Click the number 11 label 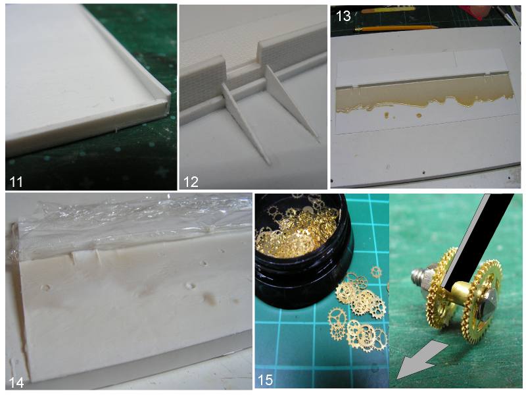pos(16,182)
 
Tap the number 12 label pos(191,182)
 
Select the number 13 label pos(343,16)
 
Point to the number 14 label pos(16,382)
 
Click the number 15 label pos(265,380)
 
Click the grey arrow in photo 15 pos(420,359)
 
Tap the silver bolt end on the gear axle pos(419,278)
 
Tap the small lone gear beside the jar pos(376,272)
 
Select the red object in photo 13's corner pos(473,13)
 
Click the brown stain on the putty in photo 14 pos(210,298)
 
